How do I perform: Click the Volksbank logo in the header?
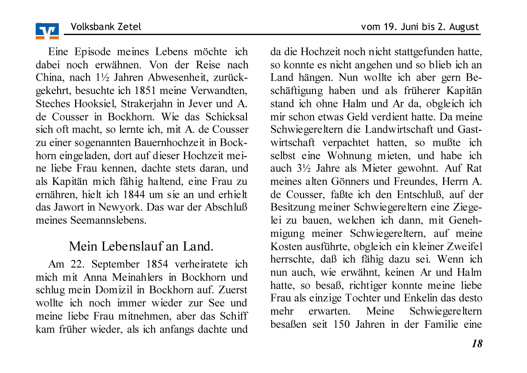47,31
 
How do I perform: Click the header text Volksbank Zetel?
106,27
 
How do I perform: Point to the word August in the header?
464,27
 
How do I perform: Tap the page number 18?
477,343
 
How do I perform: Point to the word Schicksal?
226,117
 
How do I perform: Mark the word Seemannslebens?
109,220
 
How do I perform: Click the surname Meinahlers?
141,278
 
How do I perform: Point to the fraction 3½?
298,169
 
